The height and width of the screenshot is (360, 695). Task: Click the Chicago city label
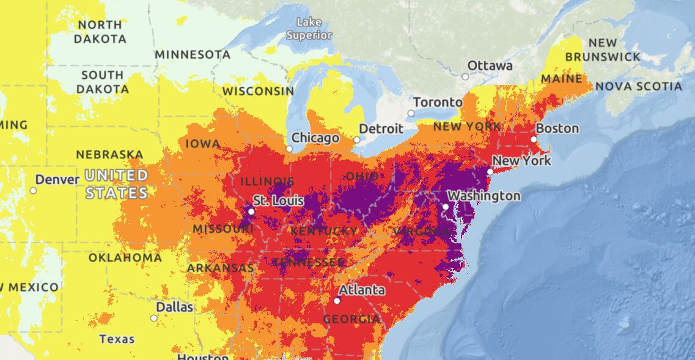coord(315,138)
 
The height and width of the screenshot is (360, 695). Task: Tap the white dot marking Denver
coord(34,190)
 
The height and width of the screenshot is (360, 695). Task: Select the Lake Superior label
coord(309,29)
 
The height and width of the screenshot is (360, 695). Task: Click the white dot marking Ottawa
coord(465,76)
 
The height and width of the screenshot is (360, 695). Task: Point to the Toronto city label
coord(438,102)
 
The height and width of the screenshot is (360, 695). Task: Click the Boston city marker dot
coord(534,139)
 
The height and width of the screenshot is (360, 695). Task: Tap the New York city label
coord(521,161)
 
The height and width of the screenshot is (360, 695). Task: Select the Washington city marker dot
coord(446,207)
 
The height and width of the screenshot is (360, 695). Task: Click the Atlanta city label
coord(362,290)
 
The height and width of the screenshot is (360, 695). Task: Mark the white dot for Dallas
coord(154,318)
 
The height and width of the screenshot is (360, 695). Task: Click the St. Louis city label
coord(278,201)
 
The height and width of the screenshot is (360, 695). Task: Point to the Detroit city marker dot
coord(357,139)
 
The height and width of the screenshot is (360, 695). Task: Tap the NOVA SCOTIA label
coord(638,87)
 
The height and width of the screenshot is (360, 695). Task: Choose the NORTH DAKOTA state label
coord(100,32)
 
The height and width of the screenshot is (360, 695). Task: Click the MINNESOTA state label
coord(193,54)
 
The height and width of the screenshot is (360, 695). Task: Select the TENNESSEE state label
coord(308,262)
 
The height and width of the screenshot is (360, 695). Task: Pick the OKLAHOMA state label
coord(125,258)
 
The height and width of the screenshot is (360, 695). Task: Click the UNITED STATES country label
coord(116,185)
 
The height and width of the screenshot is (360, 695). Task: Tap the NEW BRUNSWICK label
coord(603,50)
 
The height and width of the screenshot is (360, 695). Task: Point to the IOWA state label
coord(202,144)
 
